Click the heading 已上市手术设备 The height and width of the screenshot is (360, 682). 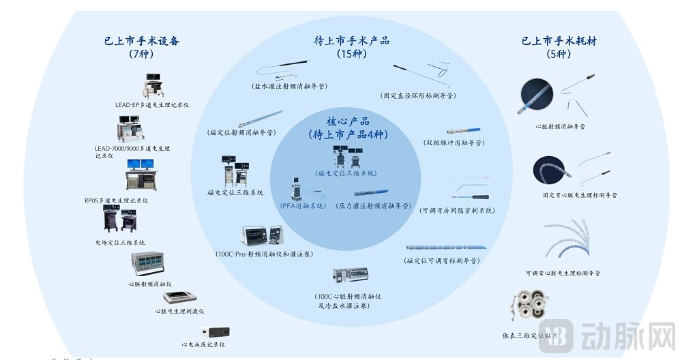pyautogui.click(x=141, y=41)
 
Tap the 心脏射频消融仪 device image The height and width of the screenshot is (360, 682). pyautogui.click(x=150, y=265)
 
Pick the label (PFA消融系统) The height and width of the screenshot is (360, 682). pyautogui.click(x=303, y=205)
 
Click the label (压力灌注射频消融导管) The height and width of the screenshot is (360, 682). pyautogui.click(x=374, y=205)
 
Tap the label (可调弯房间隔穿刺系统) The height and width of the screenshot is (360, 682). pyautogui.click(x=457, y=210)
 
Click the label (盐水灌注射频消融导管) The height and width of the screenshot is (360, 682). pyautogui.click(x=289, y=87)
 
